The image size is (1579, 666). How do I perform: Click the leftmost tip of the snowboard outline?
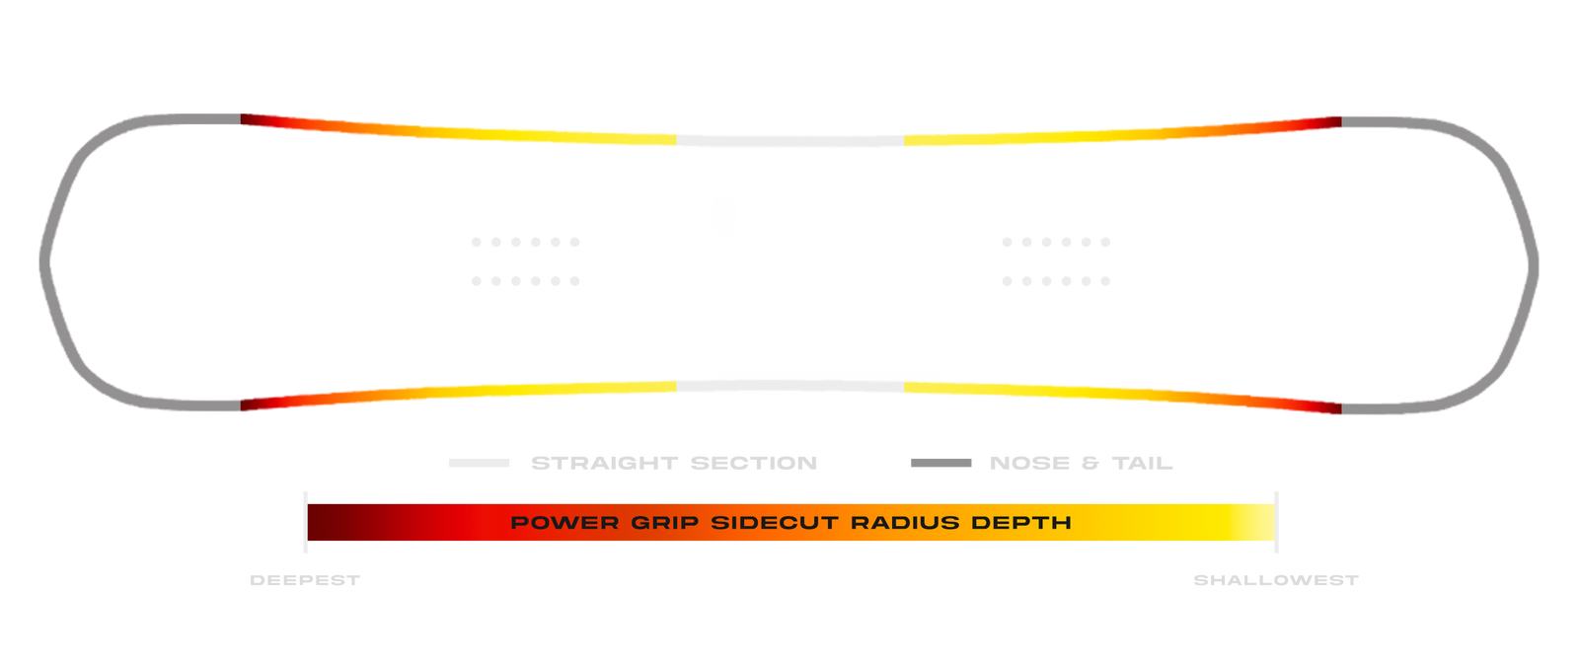[x=40, y=262]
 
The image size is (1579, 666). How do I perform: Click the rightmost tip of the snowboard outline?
[x=1539, y=265]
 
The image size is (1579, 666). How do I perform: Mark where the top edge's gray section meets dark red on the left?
[x=241, y=118]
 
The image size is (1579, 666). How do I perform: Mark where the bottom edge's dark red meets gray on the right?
[x=1341, y=408]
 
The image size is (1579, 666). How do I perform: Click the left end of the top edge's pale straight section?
[x=677, y=140]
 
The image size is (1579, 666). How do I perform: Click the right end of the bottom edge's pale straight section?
[x=904, y=387]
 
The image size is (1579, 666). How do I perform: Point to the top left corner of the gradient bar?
[x=308, y=504]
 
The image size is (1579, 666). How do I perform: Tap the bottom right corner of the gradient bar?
[x=1275, y=542]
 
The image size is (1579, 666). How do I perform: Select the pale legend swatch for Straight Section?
[x=480, y=463]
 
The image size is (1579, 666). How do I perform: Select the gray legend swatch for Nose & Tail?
[x=941, y=463]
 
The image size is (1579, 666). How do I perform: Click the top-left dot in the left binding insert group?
[x=477, y=242]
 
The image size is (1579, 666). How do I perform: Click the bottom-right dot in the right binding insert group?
[x=1105, y=281]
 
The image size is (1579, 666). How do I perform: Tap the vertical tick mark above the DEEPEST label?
[x=305, y=522]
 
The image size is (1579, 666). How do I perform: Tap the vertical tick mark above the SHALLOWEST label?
[x=1277, y=522]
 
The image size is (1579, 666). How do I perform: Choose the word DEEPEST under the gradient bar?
[x=305, y=580]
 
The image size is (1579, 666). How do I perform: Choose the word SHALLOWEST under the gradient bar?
[x=1276, y=580]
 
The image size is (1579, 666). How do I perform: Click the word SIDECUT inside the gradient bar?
[x=775, y=523]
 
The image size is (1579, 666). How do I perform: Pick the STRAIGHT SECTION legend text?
[x=674, y=463]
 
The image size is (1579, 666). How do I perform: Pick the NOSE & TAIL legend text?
[x=1082, y=463]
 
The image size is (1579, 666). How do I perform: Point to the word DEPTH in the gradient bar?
[x=1021, y=523]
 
